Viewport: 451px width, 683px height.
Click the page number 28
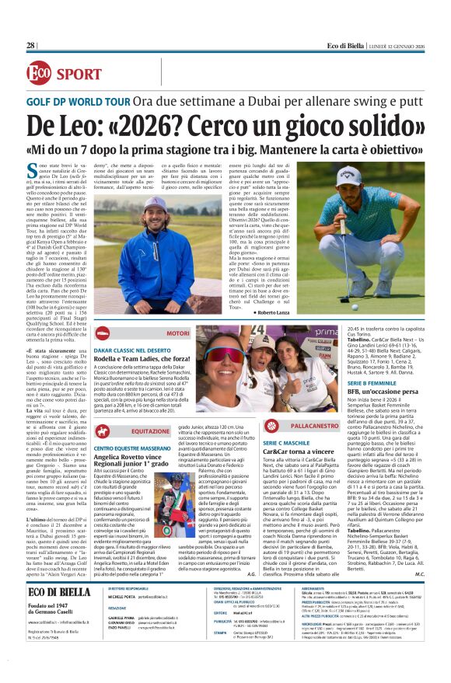tap(31, 46)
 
